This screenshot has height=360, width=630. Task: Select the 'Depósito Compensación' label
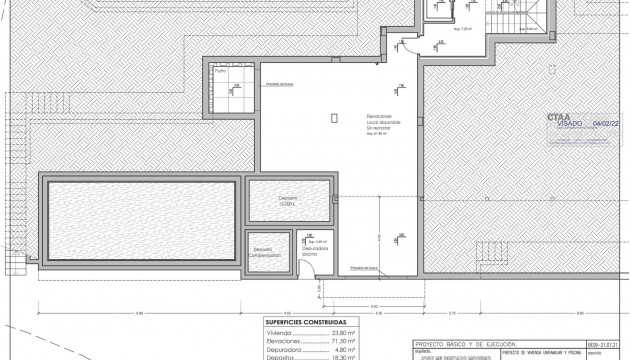(x=271, y=253)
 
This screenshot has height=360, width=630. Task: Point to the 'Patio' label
(x=221, y=71)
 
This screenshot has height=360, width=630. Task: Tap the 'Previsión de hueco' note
(x=365, y=268)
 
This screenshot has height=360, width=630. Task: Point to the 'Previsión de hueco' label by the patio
(x=279, y=84)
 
